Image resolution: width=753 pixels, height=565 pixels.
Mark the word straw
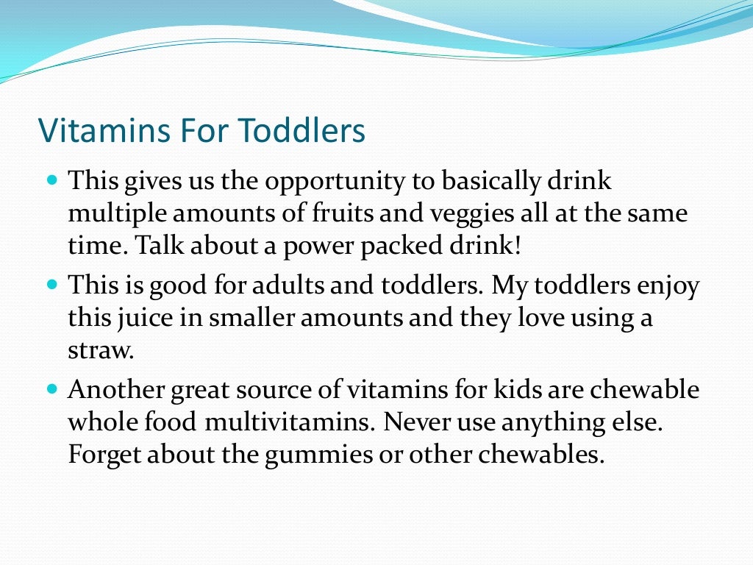pyautogui.click(x=101, y=350)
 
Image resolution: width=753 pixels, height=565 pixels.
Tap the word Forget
pyautogui.click(x=106, y=455)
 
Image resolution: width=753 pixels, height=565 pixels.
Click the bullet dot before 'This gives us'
pyautogui.click(x=51, y=179)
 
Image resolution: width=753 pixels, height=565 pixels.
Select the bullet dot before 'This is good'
pyautogui.click(x=51, y=283)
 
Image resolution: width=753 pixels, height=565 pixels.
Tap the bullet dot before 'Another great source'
pyautogui.click(x=51, y=388)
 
